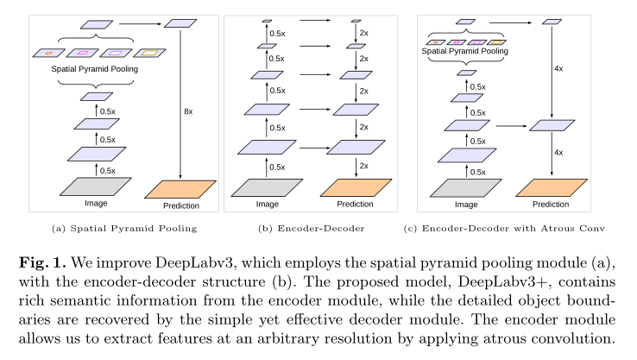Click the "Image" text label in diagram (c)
coord(466,205)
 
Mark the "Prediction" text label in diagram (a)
coord(181,205)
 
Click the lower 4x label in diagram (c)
coord(558,153)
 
